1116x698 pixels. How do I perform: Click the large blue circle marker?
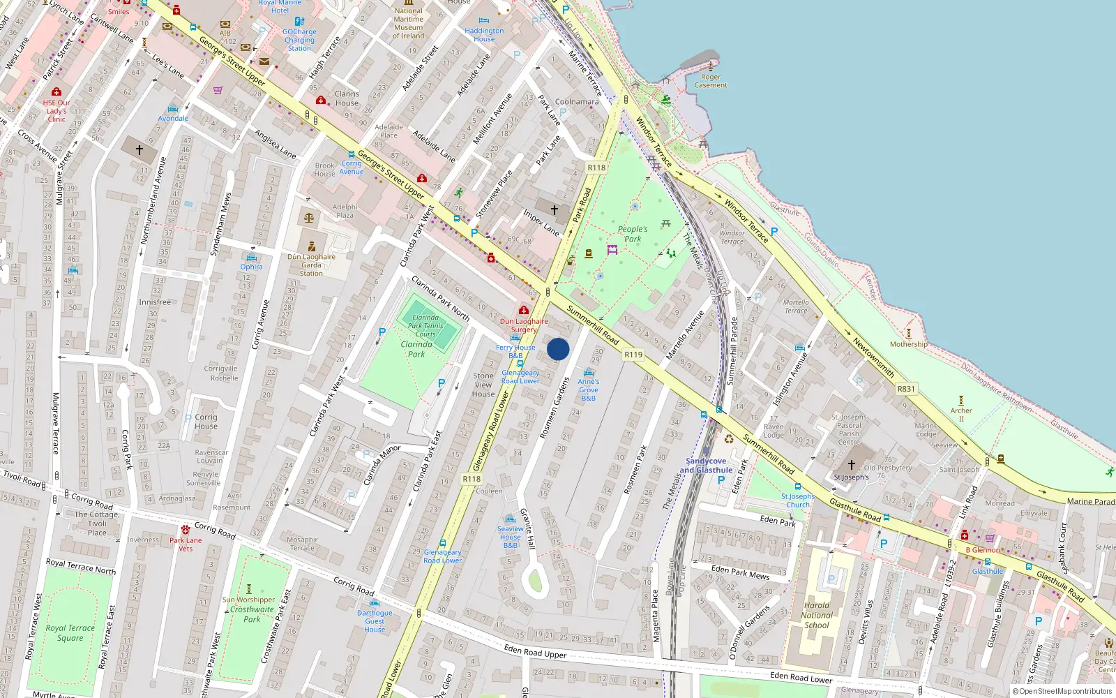(x=558, y=349)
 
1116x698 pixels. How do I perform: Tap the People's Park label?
(x=633, y=234)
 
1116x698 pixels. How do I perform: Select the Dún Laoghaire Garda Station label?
(x=311, y=265)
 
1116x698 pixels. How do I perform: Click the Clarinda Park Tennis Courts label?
(x=425, y=325)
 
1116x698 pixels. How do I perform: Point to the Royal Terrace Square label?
(x=70, y=632)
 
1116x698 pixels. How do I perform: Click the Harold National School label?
(x=817, y=615)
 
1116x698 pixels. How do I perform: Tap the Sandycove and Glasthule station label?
(x=706, y=466)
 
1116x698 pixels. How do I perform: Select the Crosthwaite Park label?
(x=252, y=614)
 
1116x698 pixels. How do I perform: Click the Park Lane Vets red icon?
(x=185, y=530)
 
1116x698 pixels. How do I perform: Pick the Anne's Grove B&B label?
(x=588, y=389)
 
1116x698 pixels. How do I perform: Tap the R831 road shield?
(x=906, y=389)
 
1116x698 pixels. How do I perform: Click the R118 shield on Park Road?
(x=596, y=168)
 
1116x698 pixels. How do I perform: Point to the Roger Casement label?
(x=711, y=81)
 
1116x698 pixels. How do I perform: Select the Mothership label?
(x=908, y=344)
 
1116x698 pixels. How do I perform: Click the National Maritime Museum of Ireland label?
(x=409, y=23)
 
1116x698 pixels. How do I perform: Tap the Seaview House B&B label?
(x=511, y=537)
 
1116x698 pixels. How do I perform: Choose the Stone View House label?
(x=483, y=385)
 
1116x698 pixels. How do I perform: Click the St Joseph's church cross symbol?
(x=851, y=464)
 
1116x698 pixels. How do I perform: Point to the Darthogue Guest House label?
(x=375, y=621)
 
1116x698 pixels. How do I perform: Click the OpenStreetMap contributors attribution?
(x=1062, y=692)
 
